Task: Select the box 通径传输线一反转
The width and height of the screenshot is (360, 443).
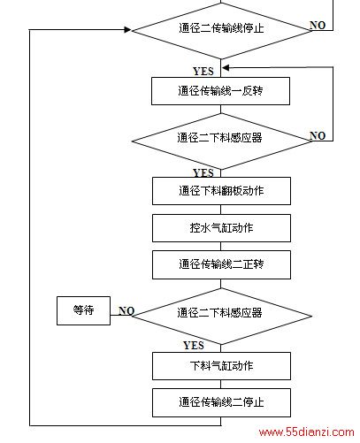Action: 220,91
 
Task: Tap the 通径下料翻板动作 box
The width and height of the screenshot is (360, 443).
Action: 221,191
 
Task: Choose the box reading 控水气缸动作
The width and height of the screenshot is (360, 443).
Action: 221,228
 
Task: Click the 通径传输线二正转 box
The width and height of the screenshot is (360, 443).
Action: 221,264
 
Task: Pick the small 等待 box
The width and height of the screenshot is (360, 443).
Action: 83,310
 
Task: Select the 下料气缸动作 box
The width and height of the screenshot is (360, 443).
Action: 221,366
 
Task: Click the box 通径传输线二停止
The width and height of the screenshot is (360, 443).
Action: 221,402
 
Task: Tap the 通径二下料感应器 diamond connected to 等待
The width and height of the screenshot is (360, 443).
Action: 222,316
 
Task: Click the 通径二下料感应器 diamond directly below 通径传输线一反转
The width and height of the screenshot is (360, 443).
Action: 221,141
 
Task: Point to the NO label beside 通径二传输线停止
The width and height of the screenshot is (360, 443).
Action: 318,26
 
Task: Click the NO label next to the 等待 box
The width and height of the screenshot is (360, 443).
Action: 126,310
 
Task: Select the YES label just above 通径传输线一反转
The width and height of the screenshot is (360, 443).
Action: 203,72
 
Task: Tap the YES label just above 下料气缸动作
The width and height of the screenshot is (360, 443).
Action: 194,346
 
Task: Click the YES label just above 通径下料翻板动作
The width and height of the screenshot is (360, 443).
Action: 203,172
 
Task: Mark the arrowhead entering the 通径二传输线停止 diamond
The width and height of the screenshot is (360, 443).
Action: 128,29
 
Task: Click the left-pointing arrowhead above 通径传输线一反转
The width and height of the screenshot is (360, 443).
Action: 226,68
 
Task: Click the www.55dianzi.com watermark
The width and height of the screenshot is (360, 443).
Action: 306,432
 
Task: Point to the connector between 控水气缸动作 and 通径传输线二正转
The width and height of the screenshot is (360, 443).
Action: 221,247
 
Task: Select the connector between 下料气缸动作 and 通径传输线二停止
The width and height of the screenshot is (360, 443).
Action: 221,385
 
